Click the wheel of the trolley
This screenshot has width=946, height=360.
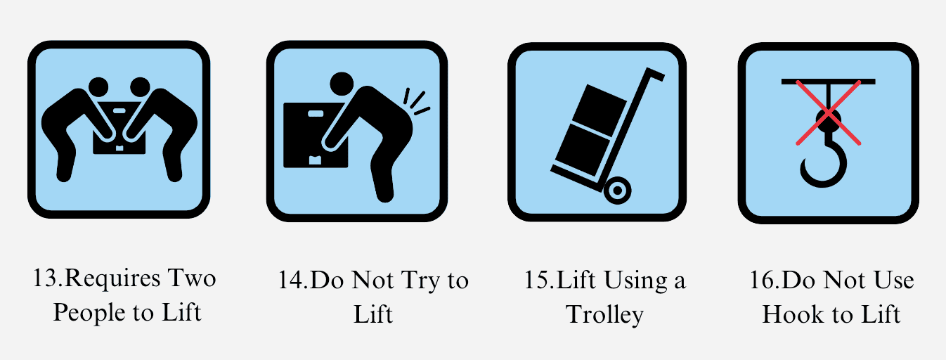pyautogui.click(x=617, y=190)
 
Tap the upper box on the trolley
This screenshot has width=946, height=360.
pyautogui.click(x=600, y=105)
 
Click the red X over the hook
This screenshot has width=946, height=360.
pyautogui.click(x=829, y=113)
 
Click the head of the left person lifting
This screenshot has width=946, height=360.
pyautogui.click(x=98, y=87)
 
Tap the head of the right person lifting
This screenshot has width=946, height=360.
pyautogui.click(x=140, y=87)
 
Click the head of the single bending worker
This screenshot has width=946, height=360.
pyautogui.click(x=342, y=84)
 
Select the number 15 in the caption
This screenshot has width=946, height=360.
pyautogui.click(x=537, y=281)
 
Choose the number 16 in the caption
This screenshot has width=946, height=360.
pyautogui.click(x=763, y=281)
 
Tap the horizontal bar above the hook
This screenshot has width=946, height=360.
pyautogui.click(x=829, y=81)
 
